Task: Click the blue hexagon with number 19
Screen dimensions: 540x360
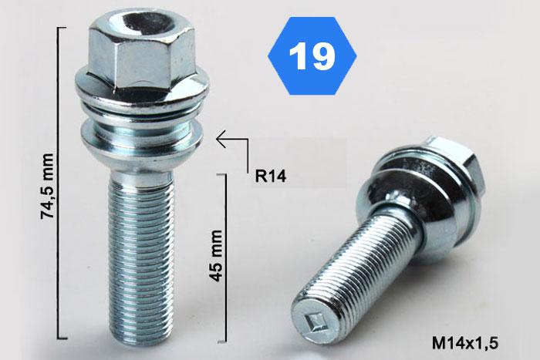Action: point(312,56)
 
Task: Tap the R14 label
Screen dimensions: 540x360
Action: point(270,177)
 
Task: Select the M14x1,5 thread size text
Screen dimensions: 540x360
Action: point(465,343)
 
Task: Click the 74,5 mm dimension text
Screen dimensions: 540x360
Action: point(47,186)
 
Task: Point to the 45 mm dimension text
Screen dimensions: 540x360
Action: point(215,256)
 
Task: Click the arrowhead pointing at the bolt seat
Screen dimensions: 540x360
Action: point(221,139)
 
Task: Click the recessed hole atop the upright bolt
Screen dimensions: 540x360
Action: point(142,22)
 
